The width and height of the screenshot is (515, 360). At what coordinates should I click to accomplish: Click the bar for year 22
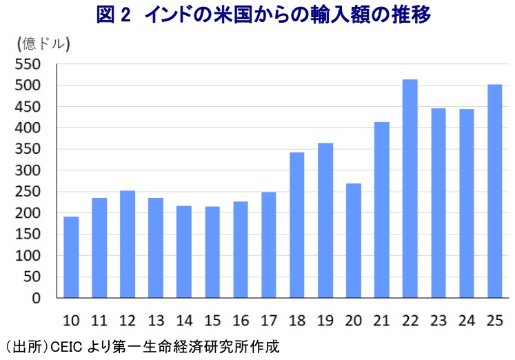pyautogui.click(x=410, y=189)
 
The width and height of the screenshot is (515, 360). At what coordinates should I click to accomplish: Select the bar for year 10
pyautogui.click(x=71, y=257)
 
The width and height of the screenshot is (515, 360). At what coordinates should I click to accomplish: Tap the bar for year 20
pyautogui.click(x=353, y=241)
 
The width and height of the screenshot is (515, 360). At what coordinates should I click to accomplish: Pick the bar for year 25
pyautogui.click(x=494, y=191)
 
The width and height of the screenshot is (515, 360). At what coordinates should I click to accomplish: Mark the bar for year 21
pyautogui.click(x=381, y=210)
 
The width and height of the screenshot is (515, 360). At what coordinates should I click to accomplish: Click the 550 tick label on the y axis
pyautogui.click(x=30, y=65)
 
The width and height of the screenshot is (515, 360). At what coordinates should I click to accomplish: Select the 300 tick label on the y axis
pyautogui.click(x=30, y=171)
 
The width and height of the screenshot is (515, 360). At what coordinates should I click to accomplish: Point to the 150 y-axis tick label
pyautogui.click(x=30, y=234)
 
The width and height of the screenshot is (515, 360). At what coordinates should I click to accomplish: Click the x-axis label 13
pyautogui.click(x=155, y=321)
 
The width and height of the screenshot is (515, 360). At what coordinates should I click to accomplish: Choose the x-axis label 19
pyautogui.click(x=325, y=321)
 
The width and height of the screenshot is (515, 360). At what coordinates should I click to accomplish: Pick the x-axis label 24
pyautogui.click(x=466, y=321)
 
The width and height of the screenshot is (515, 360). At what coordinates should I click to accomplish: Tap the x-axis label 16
pyautogui.click(x=240, y=321)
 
